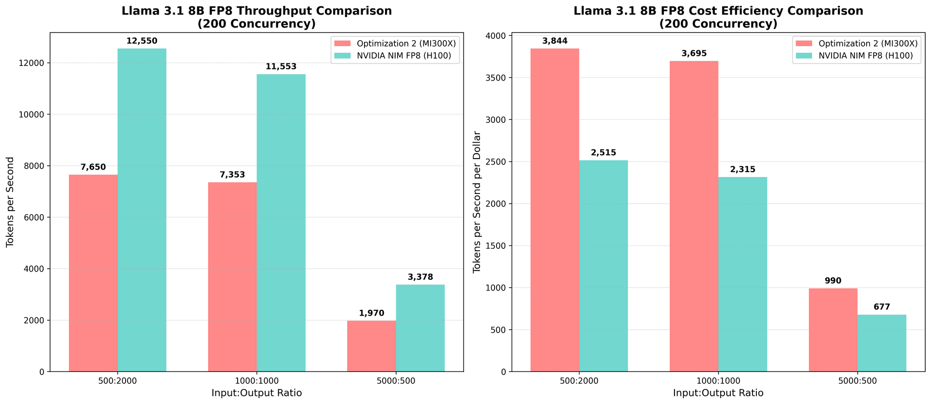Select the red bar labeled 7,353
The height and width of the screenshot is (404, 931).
click(x=232, y=277)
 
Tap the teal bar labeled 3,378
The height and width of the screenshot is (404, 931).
click(x=420, y=328)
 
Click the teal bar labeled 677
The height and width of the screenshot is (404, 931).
click(x=882, y=343)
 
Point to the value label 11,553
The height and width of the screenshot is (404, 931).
click(x=281, y=67)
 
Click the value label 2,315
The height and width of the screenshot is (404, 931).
click(x=742, y=169)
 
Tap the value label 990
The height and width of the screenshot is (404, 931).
click(x=833, y=281)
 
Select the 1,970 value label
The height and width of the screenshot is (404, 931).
click(x=371, y=313)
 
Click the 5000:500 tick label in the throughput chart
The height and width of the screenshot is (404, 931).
click(x=396, y=381)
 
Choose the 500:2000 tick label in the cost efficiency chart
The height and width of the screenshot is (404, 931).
click(x=579, y=381)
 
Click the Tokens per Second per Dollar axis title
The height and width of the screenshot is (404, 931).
click(x=477, y=202)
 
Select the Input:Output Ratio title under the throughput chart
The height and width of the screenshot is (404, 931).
click(x=257, y=393)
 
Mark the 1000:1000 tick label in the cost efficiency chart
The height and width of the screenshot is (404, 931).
click(x=718, y=381)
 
